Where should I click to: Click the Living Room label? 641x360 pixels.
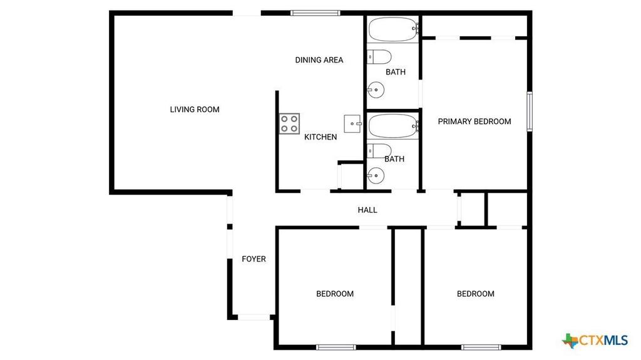click(195, 109)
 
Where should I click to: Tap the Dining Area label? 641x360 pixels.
click(319, 60)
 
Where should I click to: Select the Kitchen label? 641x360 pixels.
click(320, 137)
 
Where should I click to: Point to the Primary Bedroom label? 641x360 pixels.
click(474, 121)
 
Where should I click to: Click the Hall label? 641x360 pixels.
click(367, 210)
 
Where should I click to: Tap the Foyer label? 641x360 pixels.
click(254, 259)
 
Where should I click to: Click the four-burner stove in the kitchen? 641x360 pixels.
click(289, 123)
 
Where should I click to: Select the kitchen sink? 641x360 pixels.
click(352, 123)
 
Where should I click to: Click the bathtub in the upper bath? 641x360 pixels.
click(394, 29)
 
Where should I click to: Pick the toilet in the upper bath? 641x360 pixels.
click(379, 57)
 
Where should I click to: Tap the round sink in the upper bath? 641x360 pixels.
click(376, 90)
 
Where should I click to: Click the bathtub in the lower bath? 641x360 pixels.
click(394, 126)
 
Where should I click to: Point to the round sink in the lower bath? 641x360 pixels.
click(376, 177)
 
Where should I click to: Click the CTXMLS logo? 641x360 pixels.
click(595, 340)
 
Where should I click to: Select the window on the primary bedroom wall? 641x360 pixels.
click(530, 111)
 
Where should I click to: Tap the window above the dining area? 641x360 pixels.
click(315, 13)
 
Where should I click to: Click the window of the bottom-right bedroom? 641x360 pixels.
click(481, 347)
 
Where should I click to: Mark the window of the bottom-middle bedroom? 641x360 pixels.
click(336, 347)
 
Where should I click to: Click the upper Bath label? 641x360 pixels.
click(396, 72)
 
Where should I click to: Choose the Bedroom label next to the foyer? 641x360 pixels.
click(335, 294)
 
